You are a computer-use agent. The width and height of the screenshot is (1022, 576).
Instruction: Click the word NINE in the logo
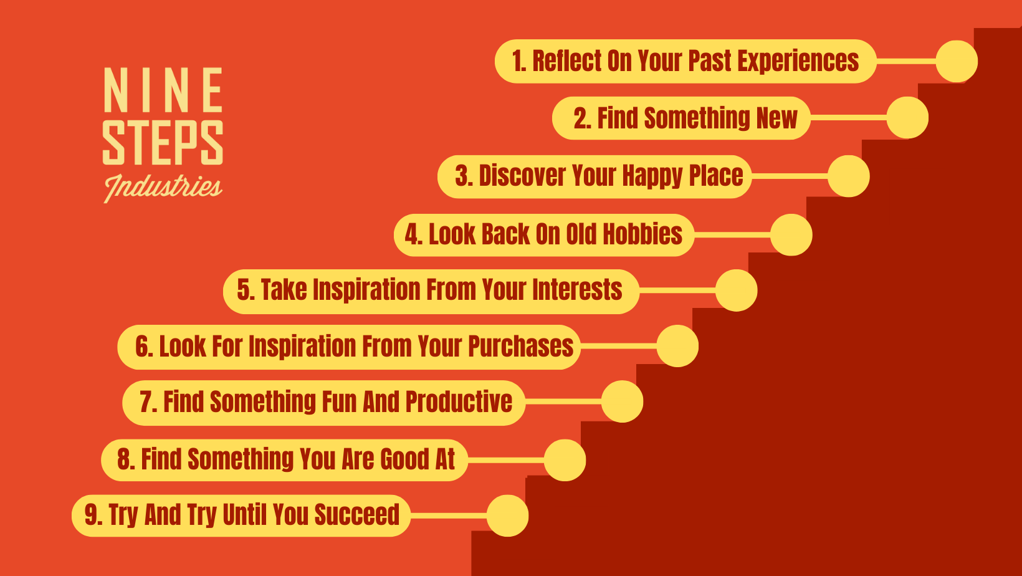tap(163, 90)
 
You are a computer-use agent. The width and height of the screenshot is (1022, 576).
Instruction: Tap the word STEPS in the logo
tap(163, 142)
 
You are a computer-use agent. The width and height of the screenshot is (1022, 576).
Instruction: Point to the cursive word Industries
tap(163, 188)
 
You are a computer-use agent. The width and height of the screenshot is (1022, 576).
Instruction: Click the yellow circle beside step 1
tap(957, 61)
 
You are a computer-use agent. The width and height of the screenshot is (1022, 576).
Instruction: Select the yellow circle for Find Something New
tap(907, 118)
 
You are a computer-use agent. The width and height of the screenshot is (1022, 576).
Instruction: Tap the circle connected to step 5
tap(737, 290)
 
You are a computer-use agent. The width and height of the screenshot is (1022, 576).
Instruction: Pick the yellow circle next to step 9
tap(507, 516)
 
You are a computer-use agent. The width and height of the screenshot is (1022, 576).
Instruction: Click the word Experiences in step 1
tap(798, 61)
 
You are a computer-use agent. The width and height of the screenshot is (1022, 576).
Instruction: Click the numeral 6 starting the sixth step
tap(142, 347)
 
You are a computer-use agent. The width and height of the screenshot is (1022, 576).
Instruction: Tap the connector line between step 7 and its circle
tap(563, 401)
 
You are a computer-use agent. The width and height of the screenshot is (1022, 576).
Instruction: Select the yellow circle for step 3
tap(849, 176)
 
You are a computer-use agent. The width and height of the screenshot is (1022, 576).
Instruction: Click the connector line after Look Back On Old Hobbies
tap(732, 234)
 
